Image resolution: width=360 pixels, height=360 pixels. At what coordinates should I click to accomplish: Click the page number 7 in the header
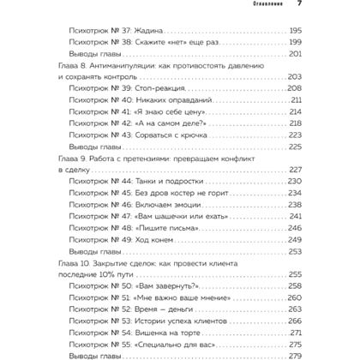(299, 4)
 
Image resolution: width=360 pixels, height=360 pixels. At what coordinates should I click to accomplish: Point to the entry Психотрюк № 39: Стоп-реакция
(129, 88)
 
